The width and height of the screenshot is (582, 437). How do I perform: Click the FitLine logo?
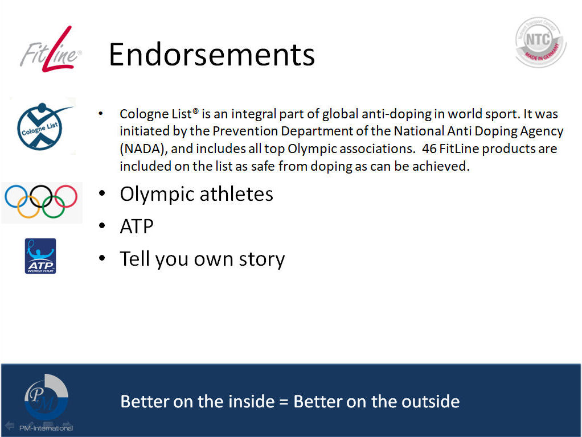pyautogui.click(x=51, y=50)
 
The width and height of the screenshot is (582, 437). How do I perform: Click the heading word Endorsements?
pyautogui.click(x=212, y=55)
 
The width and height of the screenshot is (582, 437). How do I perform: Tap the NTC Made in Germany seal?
pyautogui.click(x=540, y=42)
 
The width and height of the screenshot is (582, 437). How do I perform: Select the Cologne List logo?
pyautogui.click(x=42, y=126)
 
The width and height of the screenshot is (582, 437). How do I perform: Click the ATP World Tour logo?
pyautogui.click(x=40, y=256)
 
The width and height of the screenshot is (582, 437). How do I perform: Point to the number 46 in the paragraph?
pyautogui.click(x=429, y=149)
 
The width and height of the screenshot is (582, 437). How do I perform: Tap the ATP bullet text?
pyautogui.click(x=137, y=226)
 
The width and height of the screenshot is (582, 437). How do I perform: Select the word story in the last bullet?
pyautogui.click(x=262, y=259)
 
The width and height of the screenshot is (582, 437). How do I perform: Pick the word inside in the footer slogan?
pyautogui.click(x=251, y=401)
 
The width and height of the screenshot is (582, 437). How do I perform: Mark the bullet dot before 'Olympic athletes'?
pyautogui.click(x=102, y=193)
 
